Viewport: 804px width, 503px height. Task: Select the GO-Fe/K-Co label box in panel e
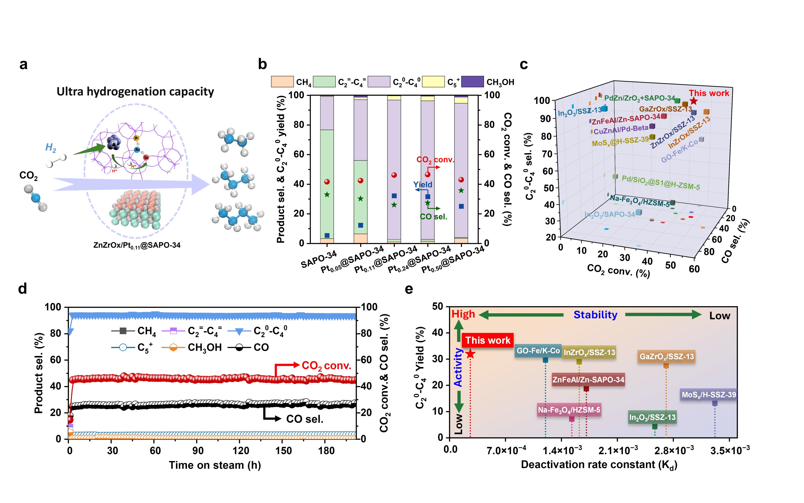click(538, 351)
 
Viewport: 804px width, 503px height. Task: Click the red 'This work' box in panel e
click(488, 340)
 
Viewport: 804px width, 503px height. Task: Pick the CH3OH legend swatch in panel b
click(472, 82)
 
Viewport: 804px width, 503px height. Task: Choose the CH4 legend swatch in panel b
click(282, 82)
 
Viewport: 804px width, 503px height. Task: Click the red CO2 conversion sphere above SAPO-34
click(327, 182)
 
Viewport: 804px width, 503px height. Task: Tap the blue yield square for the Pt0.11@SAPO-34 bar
click(394, 196)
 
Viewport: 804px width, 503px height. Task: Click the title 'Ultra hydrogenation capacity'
click(135, 92)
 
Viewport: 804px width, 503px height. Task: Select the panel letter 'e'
click(409, 289)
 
